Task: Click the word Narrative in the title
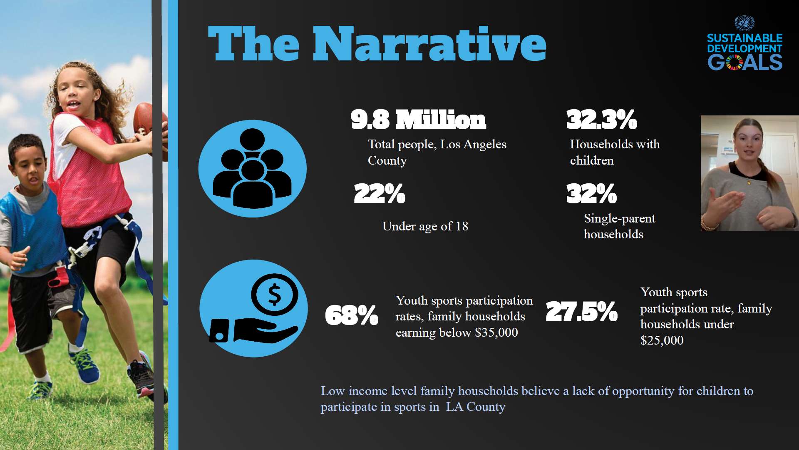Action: (429, 44)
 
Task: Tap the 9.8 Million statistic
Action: (418, 120)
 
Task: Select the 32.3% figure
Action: (601, 120)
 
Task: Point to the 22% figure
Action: (379, 194)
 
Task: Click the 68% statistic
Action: (352, 315)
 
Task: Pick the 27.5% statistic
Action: (581, 312)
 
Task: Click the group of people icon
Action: (252, 169)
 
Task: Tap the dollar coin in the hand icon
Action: (274, 295)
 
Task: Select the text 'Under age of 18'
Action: (425, 226)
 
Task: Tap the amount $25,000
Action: (662, 340)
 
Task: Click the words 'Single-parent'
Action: (619, 218)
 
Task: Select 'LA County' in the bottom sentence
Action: (475, 407)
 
